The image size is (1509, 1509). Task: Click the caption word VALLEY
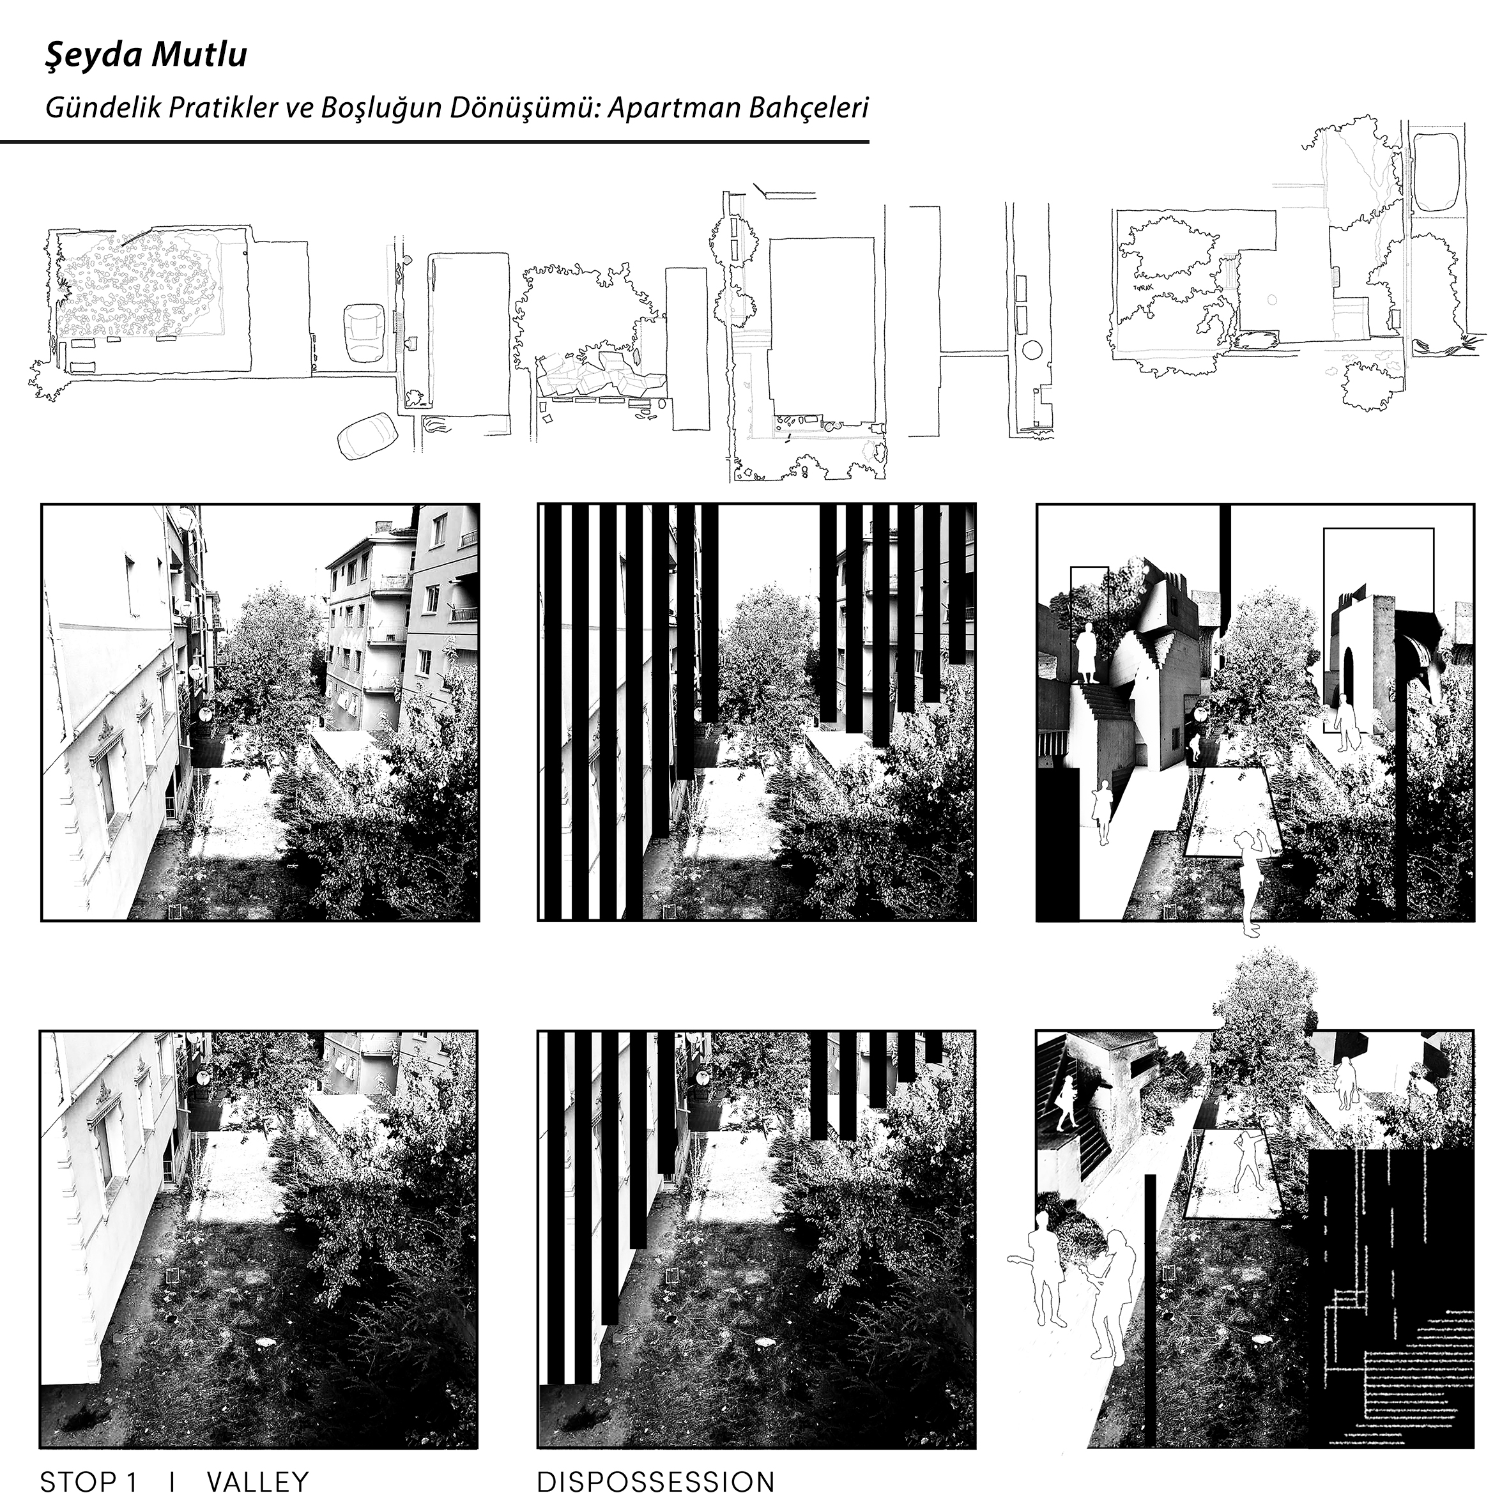(257, 1481)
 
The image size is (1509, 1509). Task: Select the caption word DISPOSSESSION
(655, 1481)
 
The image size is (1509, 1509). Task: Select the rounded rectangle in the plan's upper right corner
(1437, 172)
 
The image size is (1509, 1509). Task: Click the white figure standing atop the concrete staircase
(1085, 656)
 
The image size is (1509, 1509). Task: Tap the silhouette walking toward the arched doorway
(1345, 723)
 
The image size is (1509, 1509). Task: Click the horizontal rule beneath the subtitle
(434, 141)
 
